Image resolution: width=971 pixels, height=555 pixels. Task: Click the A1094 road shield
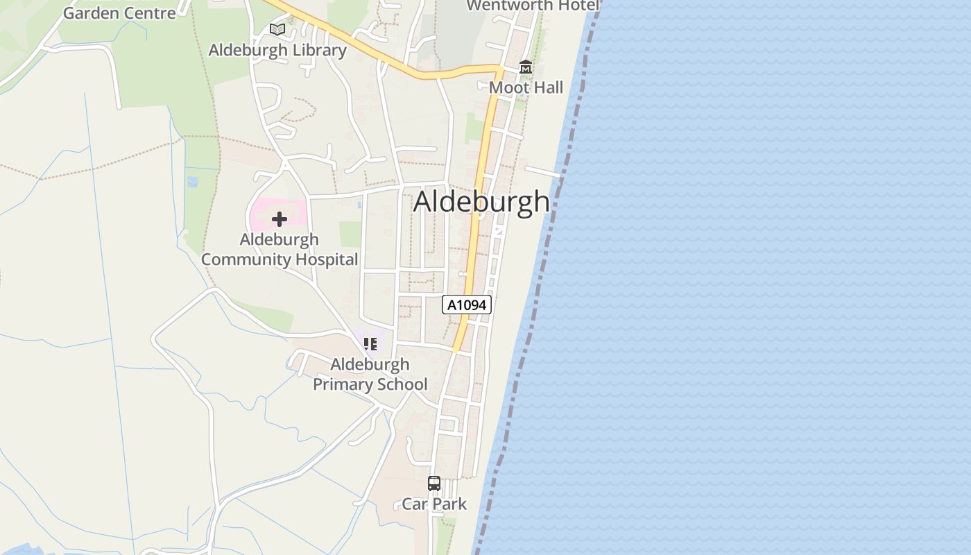467,305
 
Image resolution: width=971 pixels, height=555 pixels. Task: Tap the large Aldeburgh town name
481,202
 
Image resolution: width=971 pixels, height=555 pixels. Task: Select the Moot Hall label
526,87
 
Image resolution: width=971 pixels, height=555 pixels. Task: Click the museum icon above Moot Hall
526,67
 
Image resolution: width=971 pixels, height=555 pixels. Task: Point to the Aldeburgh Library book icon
277,30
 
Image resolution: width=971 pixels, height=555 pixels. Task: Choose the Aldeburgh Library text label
277,50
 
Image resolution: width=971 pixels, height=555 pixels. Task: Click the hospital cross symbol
280,219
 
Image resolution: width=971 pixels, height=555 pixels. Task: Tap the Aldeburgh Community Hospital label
280,249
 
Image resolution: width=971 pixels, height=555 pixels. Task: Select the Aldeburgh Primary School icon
370,343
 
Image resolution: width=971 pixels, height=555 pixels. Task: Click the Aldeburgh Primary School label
370,374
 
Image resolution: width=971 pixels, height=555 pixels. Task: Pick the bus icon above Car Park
434,484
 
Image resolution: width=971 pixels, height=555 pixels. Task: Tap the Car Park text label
434,504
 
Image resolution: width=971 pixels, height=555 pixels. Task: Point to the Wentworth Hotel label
533,6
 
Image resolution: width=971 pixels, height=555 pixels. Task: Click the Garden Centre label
119,12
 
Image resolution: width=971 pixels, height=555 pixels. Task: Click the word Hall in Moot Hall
546,87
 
